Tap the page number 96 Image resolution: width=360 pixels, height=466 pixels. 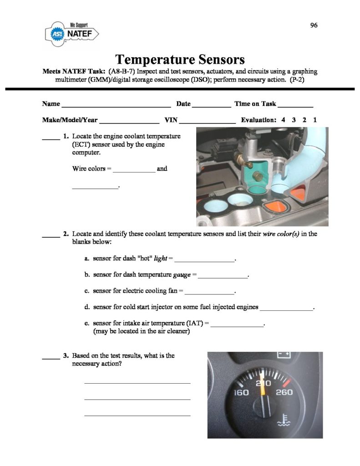314,25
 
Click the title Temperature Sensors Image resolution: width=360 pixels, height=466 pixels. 180,60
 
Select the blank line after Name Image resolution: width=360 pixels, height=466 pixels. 116,105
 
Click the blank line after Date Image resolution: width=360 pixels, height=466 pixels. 211,105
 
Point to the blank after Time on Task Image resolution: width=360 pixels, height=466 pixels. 295,105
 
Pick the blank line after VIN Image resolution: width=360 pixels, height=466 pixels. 208,122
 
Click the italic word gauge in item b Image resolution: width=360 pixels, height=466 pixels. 182,275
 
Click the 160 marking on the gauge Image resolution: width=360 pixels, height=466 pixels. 241,393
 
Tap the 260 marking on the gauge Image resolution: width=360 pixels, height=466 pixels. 284,392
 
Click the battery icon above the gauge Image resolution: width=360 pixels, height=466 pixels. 284,354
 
